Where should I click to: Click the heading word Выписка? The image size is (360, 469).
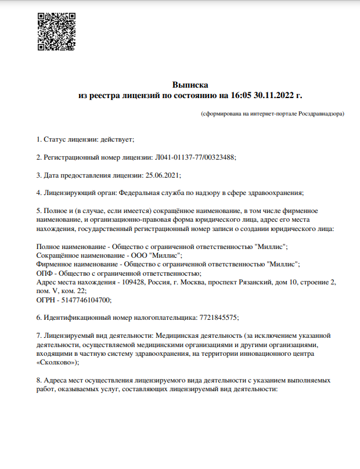click(x=190, y=85)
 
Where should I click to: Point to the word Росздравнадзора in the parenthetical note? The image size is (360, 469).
click(x=321, y=114)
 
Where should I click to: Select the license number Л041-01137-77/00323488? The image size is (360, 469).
click(x=195, y=157)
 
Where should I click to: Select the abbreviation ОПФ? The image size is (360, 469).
click(x=44, y=273)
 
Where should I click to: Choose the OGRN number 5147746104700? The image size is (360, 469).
click(x=84, y=300)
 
